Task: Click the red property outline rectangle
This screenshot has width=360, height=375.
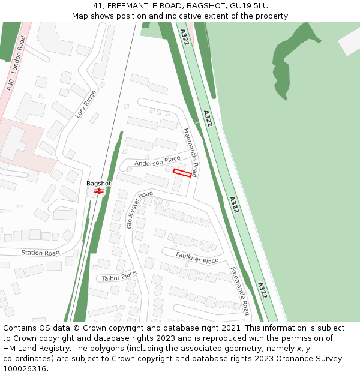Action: pyautogui.click(x=182, y=173)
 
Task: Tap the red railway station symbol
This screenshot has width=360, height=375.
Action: pyautogui.click(x=98, y=191)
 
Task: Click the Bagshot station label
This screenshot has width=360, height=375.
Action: pyautogui.click(x=98, y=183)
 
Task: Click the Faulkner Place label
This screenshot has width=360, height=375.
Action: pyautogui.click(x=197, y=258)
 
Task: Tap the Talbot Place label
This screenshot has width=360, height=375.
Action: pyautogui.click(x=119, y=277)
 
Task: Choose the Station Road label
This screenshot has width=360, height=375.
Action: pyautogui.click(x=41, y=253)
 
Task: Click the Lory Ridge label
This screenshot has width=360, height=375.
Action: pyautogui.click(x=85, y=104)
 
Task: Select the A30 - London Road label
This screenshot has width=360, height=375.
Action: pyautogui.click(x=17, y=63)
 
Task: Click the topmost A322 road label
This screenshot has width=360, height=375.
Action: pyautogui.click(x=184, y=37)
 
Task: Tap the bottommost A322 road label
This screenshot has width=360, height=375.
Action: pyautogui.click(x=262, y=290)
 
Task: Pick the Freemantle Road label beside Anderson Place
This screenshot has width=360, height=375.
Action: pyautogui.click(x=190, y=152)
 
